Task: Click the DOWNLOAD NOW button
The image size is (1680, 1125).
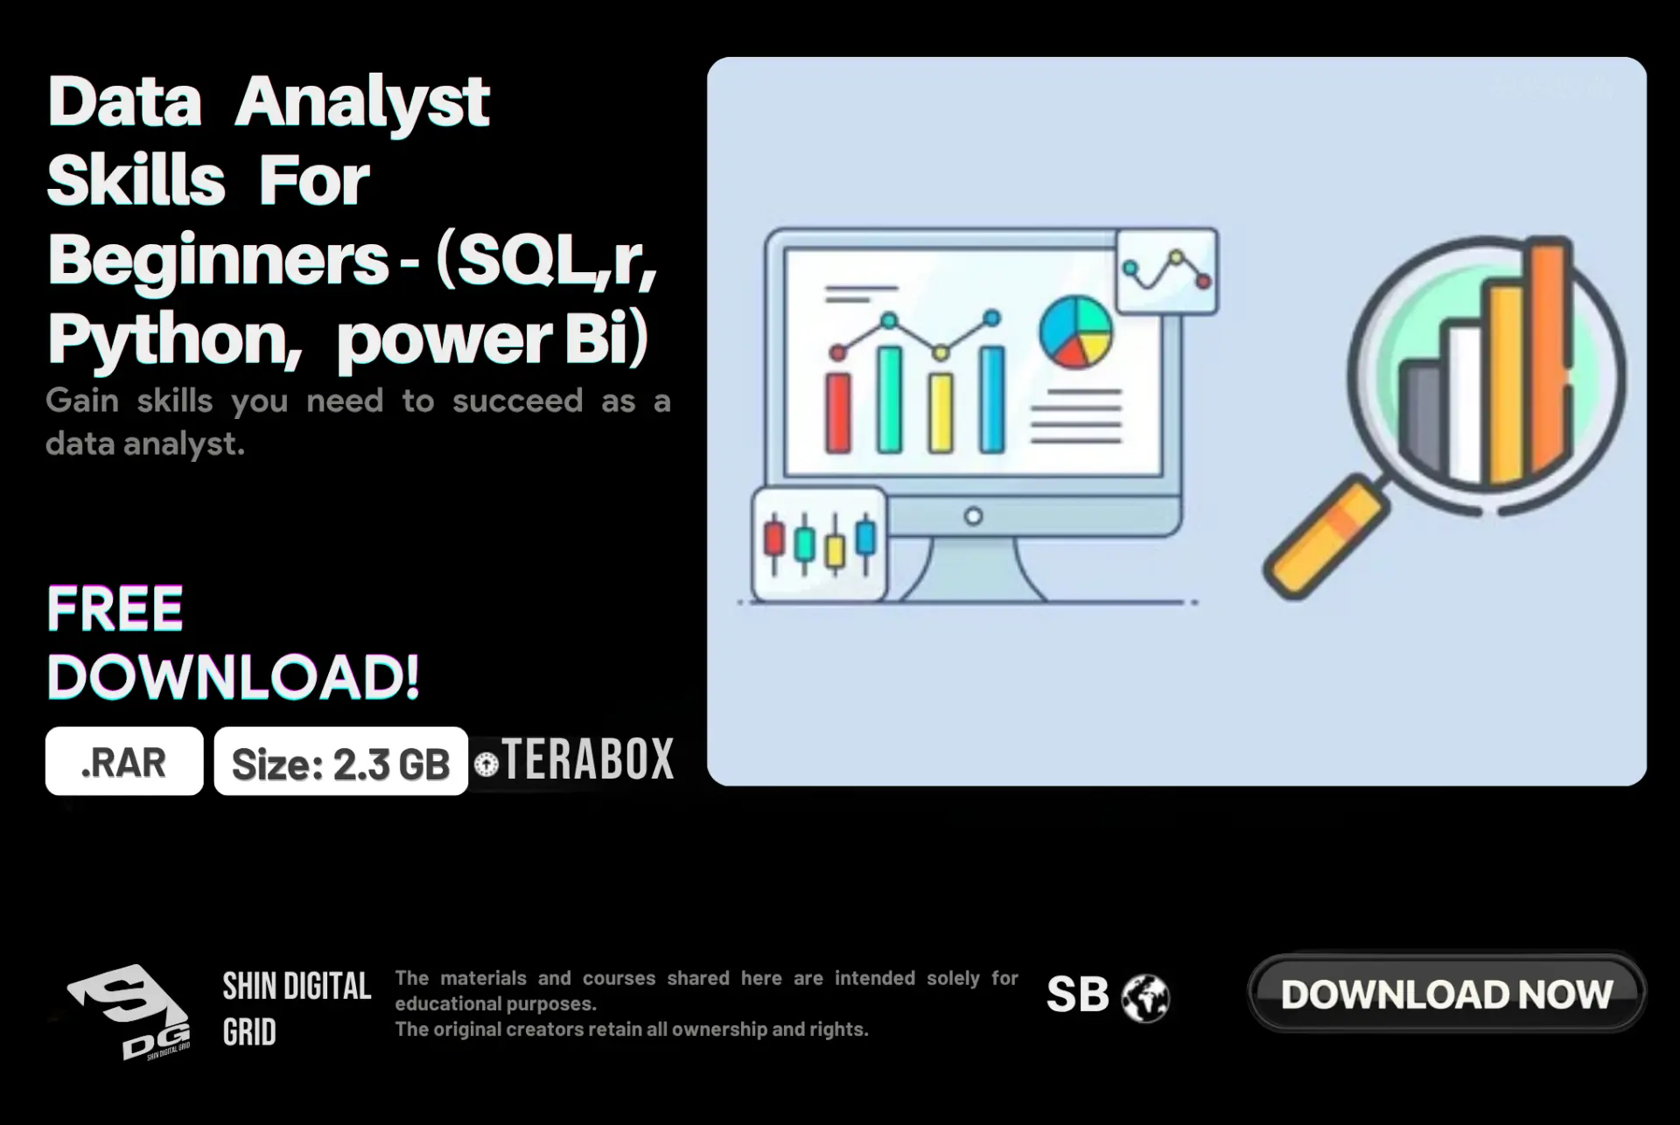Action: coord(1446,994)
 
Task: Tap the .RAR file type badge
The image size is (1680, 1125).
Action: coord(124,761)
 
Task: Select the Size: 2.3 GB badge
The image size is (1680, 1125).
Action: coord(341,762)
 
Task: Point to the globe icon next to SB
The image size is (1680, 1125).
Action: coord(1145,998)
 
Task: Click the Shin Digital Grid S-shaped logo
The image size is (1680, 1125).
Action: coord(129,1011)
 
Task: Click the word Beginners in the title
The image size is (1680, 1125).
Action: coord(218,260)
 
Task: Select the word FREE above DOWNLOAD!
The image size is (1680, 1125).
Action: coord(115,609)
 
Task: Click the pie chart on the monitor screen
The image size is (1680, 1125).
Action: coord(1075,332)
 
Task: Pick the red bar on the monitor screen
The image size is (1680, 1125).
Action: coord(838,412)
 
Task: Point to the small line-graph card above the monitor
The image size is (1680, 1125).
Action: coord(1167,271)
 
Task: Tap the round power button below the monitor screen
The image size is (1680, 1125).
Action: coord(973,516)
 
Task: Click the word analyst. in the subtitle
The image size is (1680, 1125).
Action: coord(184,444)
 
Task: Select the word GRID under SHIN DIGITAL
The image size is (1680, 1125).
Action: coord(249,1032)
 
